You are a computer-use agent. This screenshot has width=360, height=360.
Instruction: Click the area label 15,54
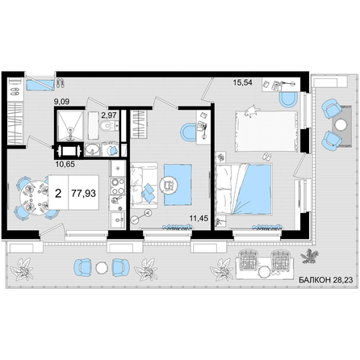tap(243, 82)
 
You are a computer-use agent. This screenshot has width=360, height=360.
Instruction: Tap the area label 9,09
tap(61, 102)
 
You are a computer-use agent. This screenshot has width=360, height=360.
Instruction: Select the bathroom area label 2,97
tap(109, 115)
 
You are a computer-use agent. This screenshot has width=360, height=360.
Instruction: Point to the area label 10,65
tap(65, 164)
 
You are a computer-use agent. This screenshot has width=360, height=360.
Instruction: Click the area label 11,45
tap(199, 218)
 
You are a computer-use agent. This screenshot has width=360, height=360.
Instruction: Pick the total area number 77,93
tap(84, 193)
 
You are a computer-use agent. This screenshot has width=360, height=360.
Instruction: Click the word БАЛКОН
tap(315, 280)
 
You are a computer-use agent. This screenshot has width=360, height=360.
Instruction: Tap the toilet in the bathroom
tap(106, 125)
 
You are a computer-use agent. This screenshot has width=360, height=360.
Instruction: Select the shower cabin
tap(70, 125)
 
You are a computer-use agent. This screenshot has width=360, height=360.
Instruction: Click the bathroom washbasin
tap(93, 149)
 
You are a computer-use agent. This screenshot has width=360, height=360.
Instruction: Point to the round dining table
tap(34, 198)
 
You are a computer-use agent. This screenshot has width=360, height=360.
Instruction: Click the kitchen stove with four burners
tap(118, 186)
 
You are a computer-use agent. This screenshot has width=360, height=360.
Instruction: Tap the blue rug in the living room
tap(178, 185)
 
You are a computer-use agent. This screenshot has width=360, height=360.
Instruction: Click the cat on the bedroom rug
tap(252, 111)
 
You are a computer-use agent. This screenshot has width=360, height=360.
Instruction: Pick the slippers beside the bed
tap(266, 157)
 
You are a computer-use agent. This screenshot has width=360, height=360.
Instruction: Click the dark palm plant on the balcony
tap(309, 256)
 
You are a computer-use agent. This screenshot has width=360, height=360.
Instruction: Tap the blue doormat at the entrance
tap(40, 85)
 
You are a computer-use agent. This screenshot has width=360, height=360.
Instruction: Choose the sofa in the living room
tap(144, 186)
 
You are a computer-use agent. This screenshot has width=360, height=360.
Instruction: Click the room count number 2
tap(58, 193)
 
